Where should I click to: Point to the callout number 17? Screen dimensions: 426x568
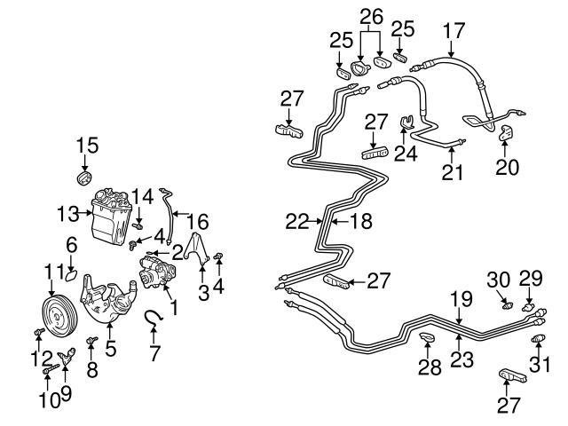tap(454, 30)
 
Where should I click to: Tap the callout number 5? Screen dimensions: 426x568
tap(110, 349)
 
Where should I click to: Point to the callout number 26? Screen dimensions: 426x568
tap(370, 15)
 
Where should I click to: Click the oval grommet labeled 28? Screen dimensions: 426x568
tap(428, 338)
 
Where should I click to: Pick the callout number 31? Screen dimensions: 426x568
tap(540, 363)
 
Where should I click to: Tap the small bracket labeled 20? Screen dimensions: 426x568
tap(507, 132)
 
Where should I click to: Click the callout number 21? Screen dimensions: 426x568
tap(453, 170)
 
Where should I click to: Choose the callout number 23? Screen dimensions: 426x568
tap(460, 361)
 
